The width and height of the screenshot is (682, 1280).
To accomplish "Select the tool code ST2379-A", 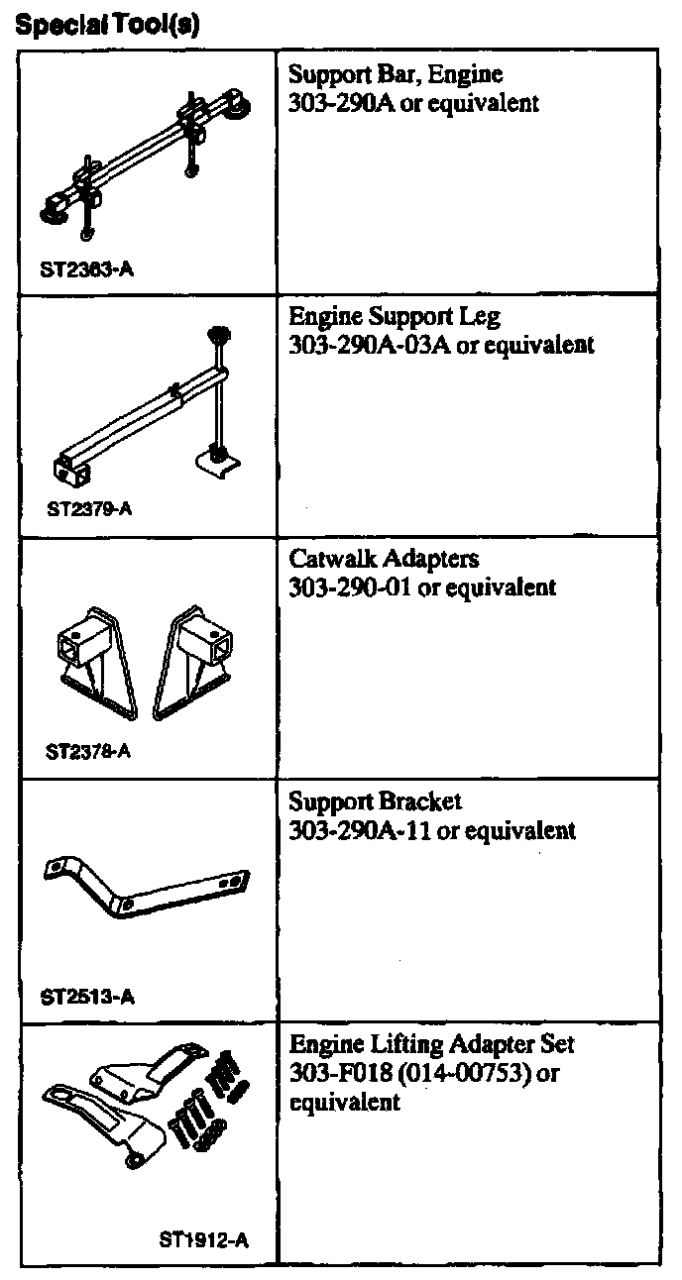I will (89, 510).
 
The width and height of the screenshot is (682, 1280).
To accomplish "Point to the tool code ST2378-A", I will (88, 750).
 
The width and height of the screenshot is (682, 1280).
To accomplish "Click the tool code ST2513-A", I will (88, 998).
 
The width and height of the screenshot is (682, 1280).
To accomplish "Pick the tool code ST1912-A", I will (203, 1239).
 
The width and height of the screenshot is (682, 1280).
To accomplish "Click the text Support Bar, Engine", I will (396, 74).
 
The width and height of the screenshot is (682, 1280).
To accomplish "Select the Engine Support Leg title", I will (395, 317).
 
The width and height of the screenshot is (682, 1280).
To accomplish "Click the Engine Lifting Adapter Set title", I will (431, 1045).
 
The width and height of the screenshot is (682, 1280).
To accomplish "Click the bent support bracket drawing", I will (149, 884).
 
